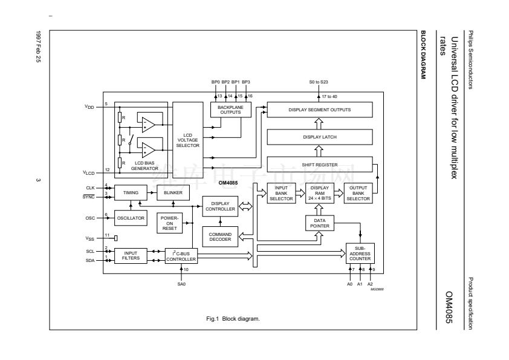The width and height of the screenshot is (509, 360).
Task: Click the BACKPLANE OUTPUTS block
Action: [x=230, y=110]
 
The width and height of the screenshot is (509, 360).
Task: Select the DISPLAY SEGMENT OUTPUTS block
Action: [x=319, y=110]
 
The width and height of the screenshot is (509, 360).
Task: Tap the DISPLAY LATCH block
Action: [x=319, y=137]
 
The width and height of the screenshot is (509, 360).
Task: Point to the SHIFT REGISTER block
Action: [x=319, y=164]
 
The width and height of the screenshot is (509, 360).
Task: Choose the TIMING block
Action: [x=131, y=192]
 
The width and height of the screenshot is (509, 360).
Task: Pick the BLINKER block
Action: [x=173, y=192]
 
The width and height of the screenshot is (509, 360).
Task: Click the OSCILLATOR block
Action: [x=131, y=218]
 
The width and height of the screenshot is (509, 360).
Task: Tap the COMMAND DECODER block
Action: [x=220, y=237]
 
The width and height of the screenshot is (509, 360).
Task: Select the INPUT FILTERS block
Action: [x=131, y=255]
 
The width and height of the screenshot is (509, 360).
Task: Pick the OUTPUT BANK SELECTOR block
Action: [x=357, y=194]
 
